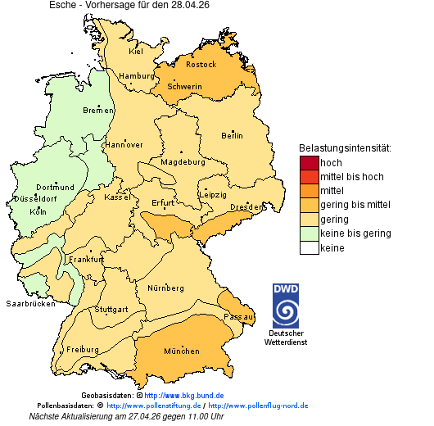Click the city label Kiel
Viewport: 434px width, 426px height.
136,52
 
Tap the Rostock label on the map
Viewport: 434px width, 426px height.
201,64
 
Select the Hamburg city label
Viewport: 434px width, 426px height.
137,76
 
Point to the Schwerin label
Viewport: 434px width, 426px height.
184,86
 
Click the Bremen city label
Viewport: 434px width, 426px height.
98,111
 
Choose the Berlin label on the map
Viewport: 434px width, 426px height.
232,135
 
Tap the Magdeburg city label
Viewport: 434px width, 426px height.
183,162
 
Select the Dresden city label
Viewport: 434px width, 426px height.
246,207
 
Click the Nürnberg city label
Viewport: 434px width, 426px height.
165,288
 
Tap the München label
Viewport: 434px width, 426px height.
182,351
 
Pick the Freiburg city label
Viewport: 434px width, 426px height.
83,349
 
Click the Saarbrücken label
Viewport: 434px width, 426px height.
30,304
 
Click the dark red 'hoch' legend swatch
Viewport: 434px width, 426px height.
309,162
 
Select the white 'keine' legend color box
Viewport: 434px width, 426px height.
309,248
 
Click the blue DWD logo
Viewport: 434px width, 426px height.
286,306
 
